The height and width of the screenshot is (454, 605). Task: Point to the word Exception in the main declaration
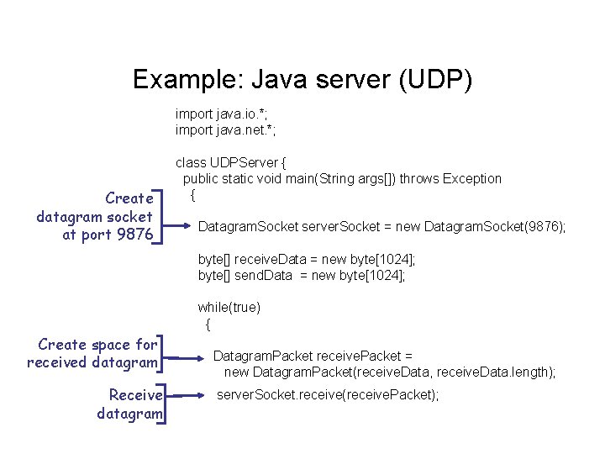click(x=471, y=178)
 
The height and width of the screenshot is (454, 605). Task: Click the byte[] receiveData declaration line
click(x=307, y=260)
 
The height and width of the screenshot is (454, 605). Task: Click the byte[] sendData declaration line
click(x=302, y=276)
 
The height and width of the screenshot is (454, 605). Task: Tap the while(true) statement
click(x=229, y=308)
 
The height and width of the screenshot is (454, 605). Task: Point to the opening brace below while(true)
click(x=208, y=324)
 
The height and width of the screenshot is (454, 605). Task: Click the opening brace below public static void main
click(x=192, y=195)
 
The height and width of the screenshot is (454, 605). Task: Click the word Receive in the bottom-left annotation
click(x=136, y=395)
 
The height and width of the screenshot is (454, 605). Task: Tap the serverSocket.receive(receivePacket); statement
click(x=328, y=394)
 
